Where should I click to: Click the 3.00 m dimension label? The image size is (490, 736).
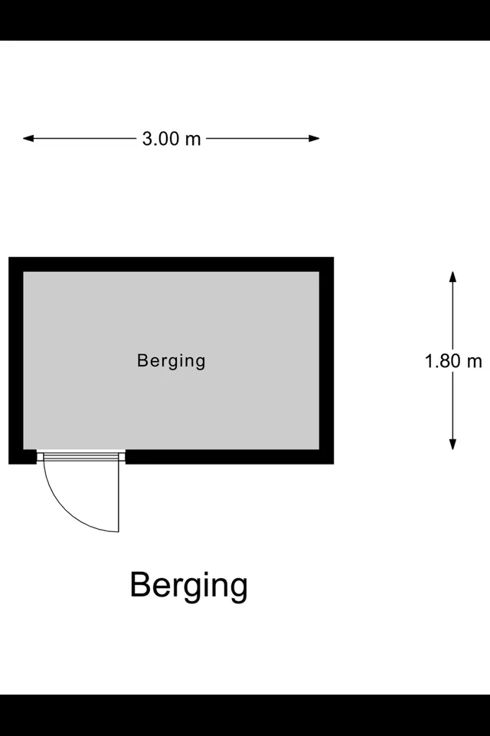171,139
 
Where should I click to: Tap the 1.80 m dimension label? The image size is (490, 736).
453,361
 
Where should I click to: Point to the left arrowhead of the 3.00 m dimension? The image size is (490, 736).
28,139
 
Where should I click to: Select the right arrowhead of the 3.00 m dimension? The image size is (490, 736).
314,139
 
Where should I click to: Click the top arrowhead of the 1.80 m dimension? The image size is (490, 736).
453,277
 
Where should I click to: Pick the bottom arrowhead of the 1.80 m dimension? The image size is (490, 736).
453,444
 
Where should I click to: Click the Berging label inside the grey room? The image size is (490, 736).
171,361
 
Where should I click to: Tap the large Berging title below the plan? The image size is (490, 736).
188,586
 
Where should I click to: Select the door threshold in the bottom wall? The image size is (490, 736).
81,457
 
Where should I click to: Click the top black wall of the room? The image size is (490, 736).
171,264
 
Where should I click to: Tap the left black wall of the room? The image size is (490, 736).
16,360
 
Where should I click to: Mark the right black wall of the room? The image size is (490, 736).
327,360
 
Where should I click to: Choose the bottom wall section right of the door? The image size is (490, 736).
230,457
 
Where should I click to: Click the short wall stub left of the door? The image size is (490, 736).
22,457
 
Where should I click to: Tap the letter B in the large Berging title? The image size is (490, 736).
141,584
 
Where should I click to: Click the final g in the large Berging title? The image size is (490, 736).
238,590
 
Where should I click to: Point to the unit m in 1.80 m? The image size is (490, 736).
475,363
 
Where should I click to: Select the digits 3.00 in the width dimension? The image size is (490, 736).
161,139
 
